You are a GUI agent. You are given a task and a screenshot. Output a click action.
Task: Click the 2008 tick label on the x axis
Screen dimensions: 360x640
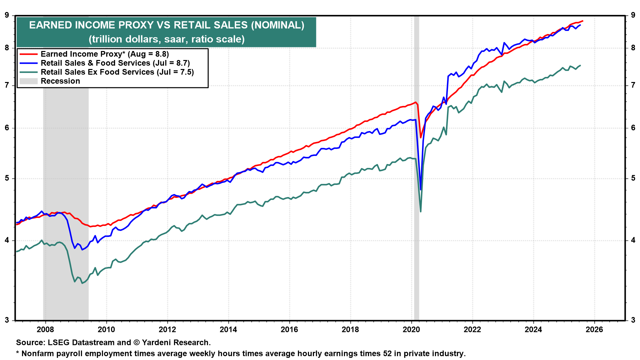pyautogui.click(x=45, y=330)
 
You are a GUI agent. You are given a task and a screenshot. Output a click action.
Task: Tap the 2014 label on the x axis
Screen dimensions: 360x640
pyautogui.click(x=228, y=330)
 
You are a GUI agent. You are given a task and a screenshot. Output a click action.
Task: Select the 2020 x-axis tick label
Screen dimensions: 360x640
pyautogui.click(x=411, y=330)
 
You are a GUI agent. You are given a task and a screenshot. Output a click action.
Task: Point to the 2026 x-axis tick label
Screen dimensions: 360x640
pyautogui.click(x=594, y=330)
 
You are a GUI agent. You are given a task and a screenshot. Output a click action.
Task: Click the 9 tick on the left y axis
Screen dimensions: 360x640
pyautogui.click(x=7, y=15)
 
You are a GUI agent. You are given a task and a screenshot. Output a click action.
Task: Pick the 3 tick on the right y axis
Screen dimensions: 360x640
pyautogui.click(x=633, y=320)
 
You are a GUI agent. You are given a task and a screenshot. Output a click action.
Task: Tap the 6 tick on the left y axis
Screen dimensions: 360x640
pyautogui.click(x=7, y=128)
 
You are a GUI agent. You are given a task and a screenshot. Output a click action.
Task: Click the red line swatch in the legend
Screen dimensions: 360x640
pyautogui.click(x=28, y=54)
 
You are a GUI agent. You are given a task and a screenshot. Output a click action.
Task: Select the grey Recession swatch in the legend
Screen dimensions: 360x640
pyautogui.click(x=28, y=81)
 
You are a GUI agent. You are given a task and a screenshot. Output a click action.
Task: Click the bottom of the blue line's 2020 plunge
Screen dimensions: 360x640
pyautogui.click(x=421, y=190)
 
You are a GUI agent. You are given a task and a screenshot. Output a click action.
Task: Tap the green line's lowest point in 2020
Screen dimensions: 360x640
pyautogui.click(x=421, y=211)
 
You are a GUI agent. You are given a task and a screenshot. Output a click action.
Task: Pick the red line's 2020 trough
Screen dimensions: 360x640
pyautogui.click(x=421, y=137)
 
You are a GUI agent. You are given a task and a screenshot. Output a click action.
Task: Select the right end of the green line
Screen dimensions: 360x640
pyautogui.click(x=580, y=65)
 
